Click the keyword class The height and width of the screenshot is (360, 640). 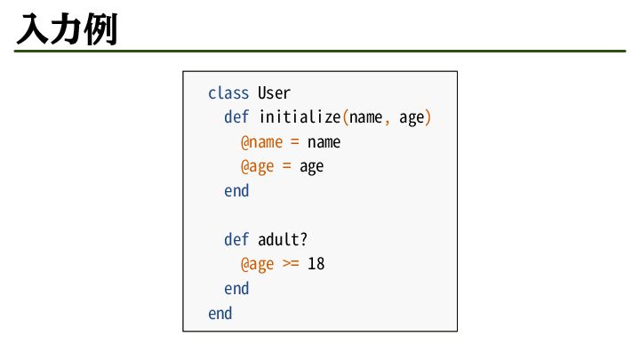tap(228, 92)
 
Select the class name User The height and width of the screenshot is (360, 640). tap(275, 92)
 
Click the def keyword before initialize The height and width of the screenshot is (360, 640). tap(236, 117)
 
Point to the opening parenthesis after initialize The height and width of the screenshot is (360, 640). tap(346, 117)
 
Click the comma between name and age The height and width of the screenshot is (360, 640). tap(387, 119)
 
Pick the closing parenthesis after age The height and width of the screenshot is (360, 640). tap(428, 117)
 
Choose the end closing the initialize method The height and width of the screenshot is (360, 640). tap(236, 191)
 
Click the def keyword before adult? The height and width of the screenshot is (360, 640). tap(236, 240)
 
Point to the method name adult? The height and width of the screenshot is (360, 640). tap(283, 240)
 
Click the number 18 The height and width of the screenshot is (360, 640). tap(316, 265)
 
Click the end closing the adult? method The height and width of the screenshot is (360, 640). tap(236, 289)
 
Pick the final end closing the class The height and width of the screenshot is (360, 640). tap(220, 314)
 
